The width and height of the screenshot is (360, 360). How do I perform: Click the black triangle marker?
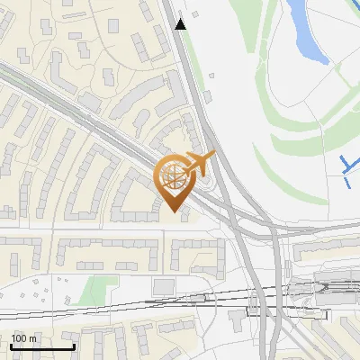[182, 24]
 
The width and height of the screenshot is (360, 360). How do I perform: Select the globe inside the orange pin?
[174, 176]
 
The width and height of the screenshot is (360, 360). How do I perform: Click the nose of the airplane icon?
[213, 155]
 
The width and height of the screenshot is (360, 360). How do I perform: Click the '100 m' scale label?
[23, 338]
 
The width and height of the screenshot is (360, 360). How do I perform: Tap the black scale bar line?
[42, 346]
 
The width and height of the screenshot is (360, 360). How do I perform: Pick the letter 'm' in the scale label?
[32, 338]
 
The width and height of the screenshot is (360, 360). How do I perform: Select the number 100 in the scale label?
[19, 338]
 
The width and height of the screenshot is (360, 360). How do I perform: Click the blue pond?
[307, 27]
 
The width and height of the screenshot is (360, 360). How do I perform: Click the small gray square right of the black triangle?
[211, 76]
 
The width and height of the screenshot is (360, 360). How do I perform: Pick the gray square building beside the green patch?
[163, 285]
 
